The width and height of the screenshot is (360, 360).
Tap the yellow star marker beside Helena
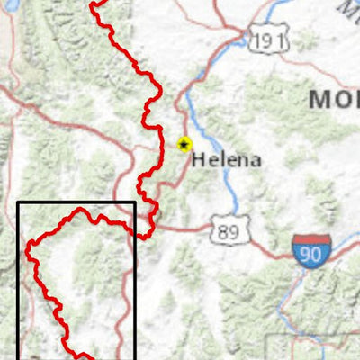[184, 144]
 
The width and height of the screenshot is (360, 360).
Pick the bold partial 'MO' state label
[333, 100]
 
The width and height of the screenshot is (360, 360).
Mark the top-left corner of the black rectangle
[18, 202]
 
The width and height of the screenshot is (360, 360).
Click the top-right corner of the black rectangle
[135, 202]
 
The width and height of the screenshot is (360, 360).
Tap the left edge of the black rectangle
[18, 279]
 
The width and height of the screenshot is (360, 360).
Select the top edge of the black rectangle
[76, 202]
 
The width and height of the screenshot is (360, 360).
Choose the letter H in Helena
[198, 160]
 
